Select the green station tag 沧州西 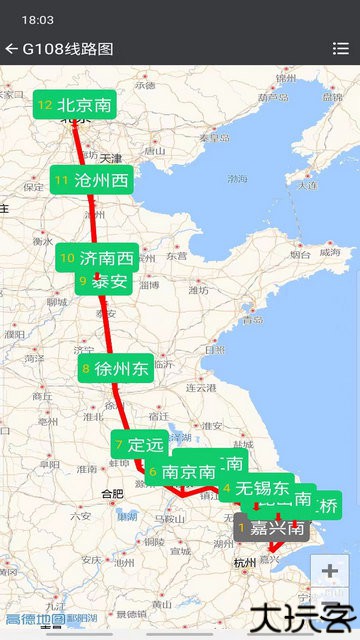pos(93,181)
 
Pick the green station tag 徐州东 pos(115,369)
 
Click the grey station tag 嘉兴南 pos(271,526)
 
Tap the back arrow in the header pos(11,48)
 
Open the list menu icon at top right pos(340,48)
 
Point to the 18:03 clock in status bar pos(37,19)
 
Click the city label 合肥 pos(112,493)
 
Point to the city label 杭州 pos(244,564)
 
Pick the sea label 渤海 pos(237,179)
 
